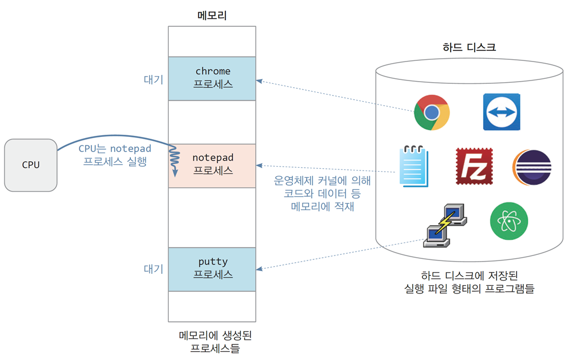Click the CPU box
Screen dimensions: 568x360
pyautogui.click(x=31, y=165)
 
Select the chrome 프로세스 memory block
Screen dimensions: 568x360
pyautogui.click(x=212, y=79)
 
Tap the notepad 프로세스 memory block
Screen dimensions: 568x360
pyautogui.click(x=212, y=165)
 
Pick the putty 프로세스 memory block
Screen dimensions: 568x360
pyautogui.click(x=212, y=269)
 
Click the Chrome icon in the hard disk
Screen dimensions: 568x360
pyautogui.click(x=432, y=112)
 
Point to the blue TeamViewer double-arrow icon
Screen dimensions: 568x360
pyautogui.click(x=501, y=112)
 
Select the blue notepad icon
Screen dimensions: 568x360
pyautogui.click(x=414, y=166)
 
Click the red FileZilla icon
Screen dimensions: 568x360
pyautogui.click(x=474, y=166)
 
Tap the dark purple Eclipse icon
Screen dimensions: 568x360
pyautogui.click(x=532, y=167)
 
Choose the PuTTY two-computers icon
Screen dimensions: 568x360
pyautogui.click(x=445, y=225)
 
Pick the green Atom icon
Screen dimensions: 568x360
pyautogui.click(x=509, y=221)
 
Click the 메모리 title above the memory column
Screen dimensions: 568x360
pyautogui.click(x=212, y=16)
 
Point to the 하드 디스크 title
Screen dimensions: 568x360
pyautogui.click(x=469, y=47)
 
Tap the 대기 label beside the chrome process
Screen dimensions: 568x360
pyautogui.click(x=154, y=79)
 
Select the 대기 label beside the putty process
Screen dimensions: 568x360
pyautogui.click(x=154, y=269)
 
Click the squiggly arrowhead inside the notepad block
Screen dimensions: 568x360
pyautogui.click(x=175, y=173)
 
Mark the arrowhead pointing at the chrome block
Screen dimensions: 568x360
pyautogui.click(x=259, y=80)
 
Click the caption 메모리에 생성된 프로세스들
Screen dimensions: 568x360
pyautogui.click(x=215, y=342)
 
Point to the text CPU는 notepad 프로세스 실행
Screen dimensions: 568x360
pyautogui.click(x=115, y=155)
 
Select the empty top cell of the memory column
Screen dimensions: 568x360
pyautogui.click(x=212, y=41)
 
